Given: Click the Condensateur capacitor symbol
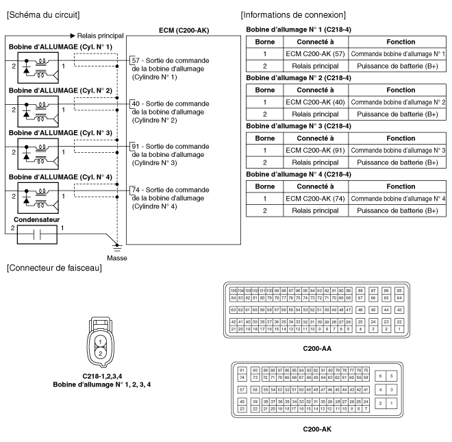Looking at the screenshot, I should [x=30, y=233].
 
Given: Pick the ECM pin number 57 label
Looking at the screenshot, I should [x=136, y=61].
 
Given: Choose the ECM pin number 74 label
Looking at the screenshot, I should [x=136, y=189].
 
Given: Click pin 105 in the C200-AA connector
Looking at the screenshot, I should [x=234, y=291].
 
